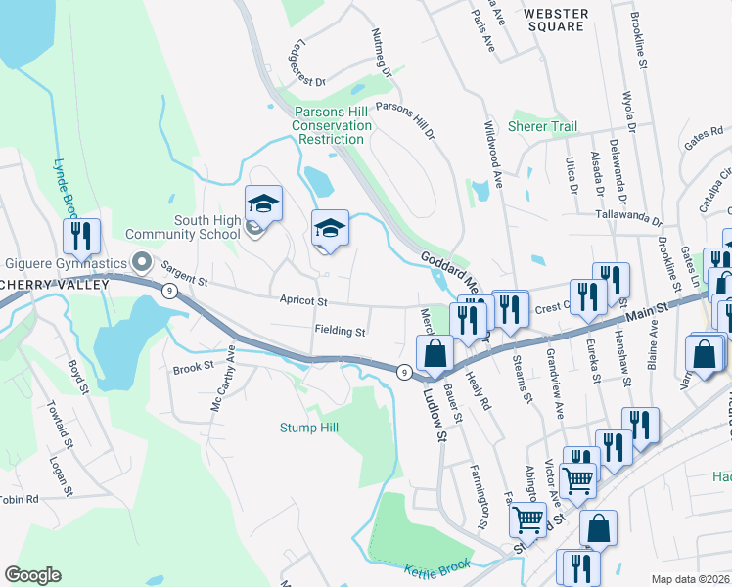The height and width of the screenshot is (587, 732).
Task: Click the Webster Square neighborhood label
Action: coord(555,20)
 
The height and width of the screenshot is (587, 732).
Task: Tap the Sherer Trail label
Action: coord(542,127)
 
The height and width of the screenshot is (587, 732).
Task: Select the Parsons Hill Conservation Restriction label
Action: coord(332,125)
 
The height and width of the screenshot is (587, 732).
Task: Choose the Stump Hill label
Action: coord(308,428)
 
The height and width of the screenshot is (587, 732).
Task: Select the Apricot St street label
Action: coord(303,301)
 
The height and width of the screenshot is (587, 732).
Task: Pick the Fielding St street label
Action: coord(340,332)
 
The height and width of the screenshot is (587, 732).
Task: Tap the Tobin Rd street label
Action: coord(18,499)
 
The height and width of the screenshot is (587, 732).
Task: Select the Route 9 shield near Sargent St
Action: coord(170,292)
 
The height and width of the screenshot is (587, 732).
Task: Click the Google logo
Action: coord(32,575)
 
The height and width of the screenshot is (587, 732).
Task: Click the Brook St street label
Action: coord(193,367)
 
